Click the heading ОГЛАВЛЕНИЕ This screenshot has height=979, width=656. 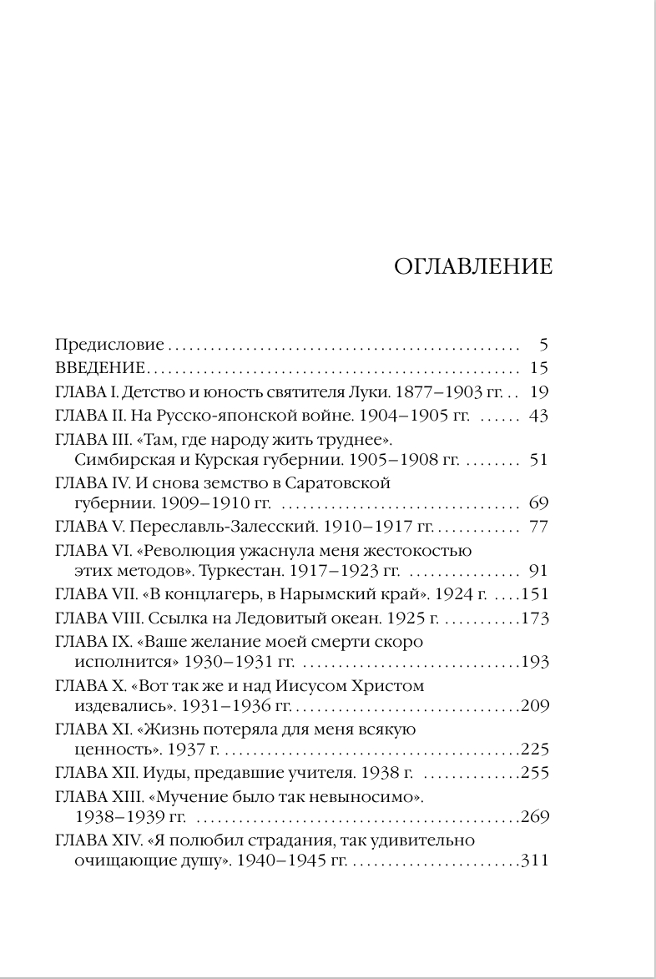coord(472,266)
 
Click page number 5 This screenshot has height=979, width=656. coord(543,344)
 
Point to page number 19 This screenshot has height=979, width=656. coord(538,391)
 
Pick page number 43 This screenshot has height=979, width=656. coord(538,416)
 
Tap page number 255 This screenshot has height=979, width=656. coord(534,773)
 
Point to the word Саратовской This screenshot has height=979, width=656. coord(339,482)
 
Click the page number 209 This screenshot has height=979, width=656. coord(534,706)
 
